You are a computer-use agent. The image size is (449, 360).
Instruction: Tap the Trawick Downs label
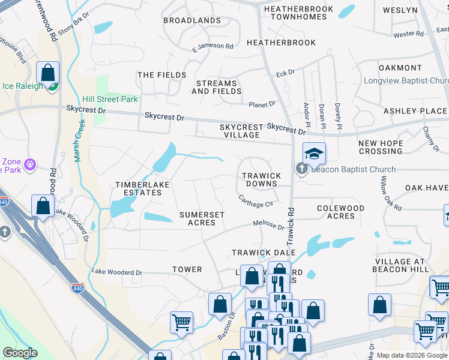(x=261, y=180)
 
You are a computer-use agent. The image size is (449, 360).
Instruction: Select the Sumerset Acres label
(x=202, y=218)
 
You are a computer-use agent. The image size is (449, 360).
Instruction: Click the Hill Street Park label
(x=110, y=99)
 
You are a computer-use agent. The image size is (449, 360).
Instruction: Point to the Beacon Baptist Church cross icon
(x=302, y=170)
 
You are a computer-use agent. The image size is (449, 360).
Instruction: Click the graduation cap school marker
(x=314, y=154)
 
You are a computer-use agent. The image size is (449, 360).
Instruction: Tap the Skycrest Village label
(x=241, y=131)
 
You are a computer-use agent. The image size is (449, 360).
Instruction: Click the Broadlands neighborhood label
(x=191, y=20)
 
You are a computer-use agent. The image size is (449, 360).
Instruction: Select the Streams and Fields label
(x=214, y=87)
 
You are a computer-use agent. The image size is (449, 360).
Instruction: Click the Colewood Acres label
(x=340, y=212)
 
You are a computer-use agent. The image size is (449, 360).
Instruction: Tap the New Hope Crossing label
(x=381, y=147)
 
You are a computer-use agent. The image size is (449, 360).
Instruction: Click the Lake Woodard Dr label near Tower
(x=117, y=272)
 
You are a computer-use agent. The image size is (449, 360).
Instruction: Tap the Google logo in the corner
(x=20, y=353)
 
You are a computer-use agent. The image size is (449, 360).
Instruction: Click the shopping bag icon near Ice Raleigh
(x=47, y=73)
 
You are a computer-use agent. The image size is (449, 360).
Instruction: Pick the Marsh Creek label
(x=79, y=140)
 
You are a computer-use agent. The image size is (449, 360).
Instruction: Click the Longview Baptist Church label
(x=406, y=81)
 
